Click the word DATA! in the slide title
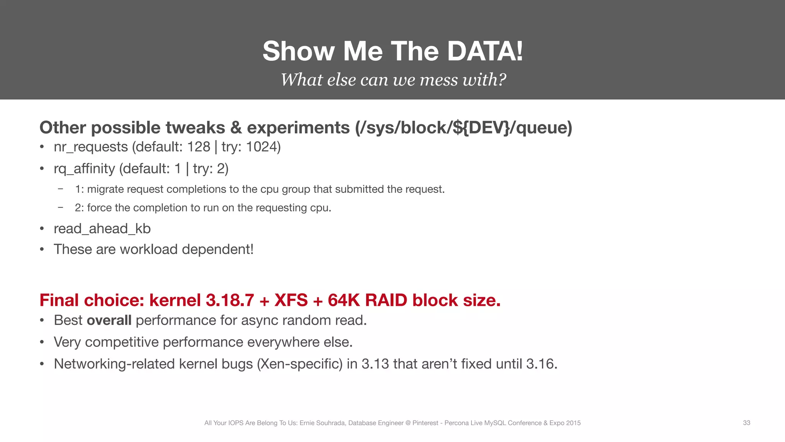tap(485, 51)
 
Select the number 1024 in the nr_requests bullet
tap(262, 147)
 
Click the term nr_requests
tap(91, 147)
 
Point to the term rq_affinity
tap(84, 169)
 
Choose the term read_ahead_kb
tap(102, 229)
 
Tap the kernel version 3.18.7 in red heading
tap(230, 300)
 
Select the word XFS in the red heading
tap(291, 300)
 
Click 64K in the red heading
tap(343, 300)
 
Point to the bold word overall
tap(109, 320)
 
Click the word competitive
tap(122, 342)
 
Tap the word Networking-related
tap(114, 364)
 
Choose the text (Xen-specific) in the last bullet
tap(300, 364)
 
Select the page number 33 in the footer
tap(746, 423)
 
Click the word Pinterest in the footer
tap(425, 423)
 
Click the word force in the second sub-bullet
tap(99, 208)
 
